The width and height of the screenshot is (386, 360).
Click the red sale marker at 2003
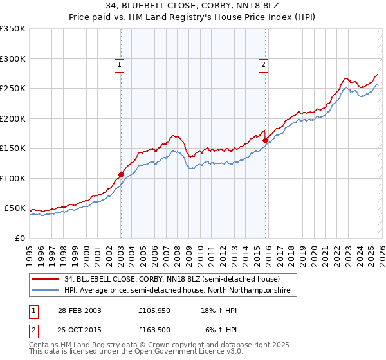coord(121,174)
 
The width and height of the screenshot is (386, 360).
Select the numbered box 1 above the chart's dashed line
coord(120,64)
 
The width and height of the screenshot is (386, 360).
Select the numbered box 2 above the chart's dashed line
coord(264,64)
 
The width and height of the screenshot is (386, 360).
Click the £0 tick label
coord(19,238)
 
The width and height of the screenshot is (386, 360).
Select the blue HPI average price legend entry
coord(177,291)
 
